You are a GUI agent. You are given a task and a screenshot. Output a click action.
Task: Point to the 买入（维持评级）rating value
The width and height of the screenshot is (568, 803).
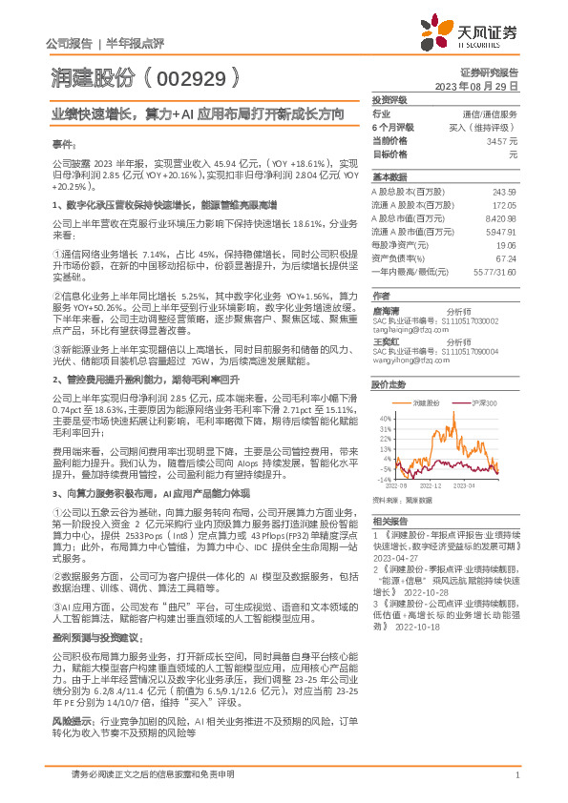pos(487,126)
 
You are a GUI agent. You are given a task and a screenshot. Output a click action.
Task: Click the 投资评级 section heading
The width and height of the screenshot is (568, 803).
pos(389,98)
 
